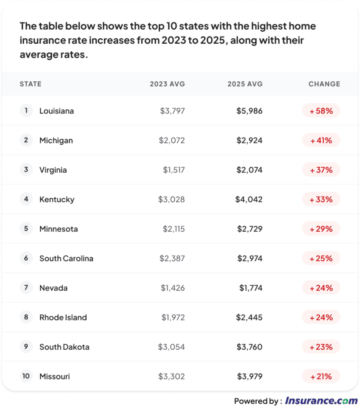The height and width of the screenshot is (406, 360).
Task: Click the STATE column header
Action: click(30, 84)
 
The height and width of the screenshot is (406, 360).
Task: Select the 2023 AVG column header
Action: click(167, 84)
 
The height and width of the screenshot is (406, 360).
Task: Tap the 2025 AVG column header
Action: click(245, 84)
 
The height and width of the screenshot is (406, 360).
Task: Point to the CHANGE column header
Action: click(324, 84)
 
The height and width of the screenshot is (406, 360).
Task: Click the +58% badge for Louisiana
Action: click(321, 111)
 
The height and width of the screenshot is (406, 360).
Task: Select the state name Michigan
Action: click(56, 140)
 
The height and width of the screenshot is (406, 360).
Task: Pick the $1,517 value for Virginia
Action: click(174, 170)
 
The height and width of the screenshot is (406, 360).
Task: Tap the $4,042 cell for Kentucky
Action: click(249, 199)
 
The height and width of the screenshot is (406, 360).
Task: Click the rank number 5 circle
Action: click(26, 228)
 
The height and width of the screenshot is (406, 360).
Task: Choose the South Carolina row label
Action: click(66, 258)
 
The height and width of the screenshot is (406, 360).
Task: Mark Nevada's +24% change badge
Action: click(321, 288)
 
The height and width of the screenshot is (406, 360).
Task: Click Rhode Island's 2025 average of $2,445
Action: click(249, 317)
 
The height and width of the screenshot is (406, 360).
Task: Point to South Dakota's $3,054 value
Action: click(171, 347)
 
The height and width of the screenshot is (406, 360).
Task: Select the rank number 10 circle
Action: click(26, 376)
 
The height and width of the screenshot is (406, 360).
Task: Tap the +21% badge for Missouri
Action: click(321, 376)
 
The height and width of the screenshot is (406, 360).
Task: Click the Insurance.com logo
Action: click(321, 400)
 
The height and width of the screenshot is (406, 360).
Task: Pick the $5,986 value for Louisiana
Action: click(249, 111)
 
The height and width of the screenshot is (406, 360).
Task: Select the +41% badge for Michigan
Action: click(321, 140)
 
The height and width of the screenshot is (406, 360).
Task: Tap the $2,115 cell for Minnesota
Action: click(174, 229)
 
